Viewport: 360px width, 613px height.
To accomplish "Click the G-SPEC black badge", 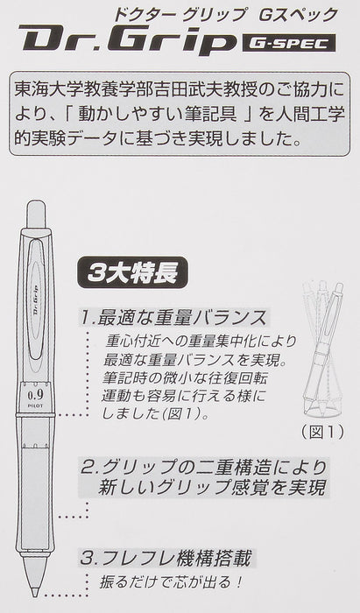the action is (x=289, y=43).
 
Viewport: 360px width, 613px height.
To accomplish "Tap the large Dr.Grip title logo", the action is (x=127, y=39).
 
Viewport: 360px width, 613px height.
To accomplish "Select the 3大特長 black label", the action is (x=132, y=272).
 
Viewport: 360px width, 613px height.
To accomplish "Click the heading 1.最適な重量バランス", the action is (x=173, y=317).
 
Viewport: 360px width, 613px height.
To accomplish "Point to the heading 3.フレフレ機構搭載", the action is (x=166, y=558).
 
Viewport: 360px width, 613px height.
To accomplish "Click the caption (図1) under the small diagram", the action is (x=322, y=432).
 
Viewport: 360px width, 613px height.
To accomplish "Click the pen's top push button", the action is (x=36, y=214).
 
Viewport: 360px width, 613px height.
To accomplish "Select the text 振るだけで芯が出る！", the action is (x=171, y=582).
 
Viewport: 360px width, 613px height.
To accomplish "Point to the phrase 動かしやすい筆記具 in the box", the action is (x=157, y=114).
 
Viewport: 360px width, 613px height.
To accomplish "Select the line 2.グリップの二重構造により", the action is (x=203, y=468).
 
